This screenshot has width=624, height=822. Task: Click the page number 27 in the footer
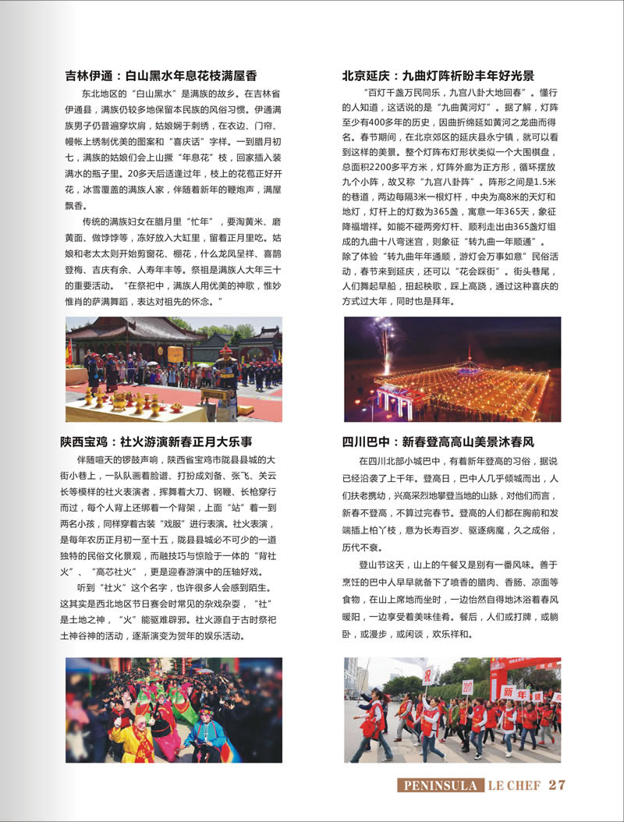click(x=557, y=785)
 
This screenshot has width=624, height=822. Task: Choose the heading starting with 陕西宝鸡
click(x=157, y=441)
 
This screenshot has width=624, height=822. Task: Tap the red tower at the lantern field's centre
click(x=468, y=360)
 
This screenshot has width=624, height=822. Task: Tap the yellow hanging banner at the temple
click(x=175, y=355)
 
